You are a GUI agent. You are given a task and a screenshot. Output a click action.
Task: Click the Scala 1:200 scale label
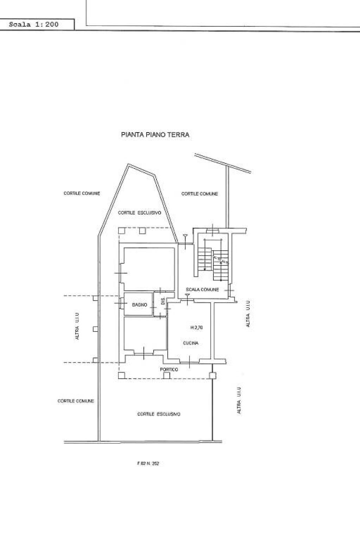(x=34, y=25)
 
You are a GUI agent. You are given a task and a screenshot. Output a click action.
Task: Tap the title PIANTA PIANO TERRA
(x=155, y=135)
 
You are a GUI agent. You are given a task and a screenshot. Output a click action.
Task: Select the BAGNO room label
(x=140, y=305)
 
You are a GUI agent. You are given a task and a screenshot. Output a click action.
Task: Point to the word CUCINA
(x=191, y=343)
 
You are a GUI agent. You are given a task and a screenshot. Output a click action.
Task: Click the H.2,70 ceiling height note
(x=196, y=328)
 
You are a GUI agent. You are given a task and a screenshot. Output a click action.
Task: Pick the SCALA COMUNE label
(x=202, y=290)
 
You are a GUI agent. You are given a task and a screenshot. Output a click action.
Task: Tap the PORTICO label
(x=169, y=369)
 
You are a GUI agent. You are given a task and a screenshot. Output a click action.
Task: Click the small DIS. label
(x=163, y=301)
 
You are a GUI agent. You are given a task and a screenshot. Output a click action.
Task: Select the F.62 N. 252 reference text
(x=148, y=464)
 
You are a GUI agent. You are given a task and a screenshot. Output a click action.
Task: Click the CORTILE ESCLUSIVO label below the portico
(x=159, y=414)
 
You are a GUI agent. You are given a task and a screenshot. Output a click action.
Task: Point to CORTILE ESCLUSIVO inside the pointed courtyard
(x=140, y=213)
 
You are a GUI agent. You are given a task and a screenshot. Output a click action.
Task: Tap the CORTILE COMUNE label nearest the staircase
(x=199, y=194)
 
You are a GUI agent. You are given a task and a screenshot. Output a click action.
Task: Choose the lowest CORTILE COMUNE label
(x=76, y=401)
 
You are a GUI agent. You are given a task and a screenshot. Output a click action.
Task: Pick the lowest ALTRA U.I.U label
(x=239, y=400)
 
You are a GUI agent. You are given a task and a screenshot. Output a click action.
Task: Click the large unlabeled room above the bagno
(x=148, y=269)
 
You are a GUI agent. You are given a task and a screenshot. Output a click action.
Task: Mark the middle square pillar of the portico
(x=167, y=375)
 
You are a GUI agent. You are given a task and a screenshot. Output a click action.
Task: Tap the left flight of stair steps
(x=205, y=258)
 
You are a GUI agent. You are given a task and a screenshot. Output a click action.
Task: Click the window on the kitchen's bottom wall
(x=189, y=361)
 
